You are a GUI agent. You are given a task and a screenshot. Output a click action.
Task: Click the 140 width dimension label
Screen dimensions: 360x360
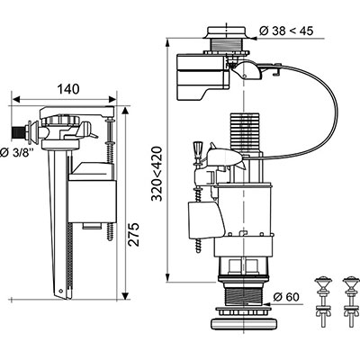tap(68, 89)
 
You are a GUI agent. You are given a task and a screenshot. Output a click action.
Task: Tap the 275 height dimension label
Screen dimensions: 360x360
tap(133, 234)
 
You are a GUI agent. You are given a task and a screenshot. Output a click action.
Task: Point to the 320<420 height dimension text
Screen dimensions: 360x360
tap(157, 174)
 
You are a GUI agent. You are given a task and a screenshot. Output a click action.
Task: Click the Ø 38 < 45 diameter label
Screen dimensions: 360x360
tap(286, 31)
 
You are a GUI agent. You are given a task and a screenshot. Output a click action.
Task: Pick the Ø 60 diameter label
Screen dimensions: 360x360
tap(286, 297)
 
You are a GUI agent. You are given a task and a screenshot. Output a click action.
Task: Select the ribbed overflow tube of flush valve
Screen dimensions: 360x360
tap(244, 131)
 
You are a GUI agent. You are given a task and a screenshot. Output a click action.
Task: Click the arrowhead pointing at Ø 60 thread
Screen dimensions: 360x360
tap(266, 303)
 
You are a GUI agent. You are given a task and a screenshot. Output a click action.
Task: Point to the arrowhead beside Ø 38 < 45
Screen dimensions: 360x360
tap(254, 38)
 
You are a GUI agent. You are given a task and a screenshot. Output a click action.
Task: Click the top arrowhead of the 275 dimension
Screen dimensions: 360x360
tap(126, 110)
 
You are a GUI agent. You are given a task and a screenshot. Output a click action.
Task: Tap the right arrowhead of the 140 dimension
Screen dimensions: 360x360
tap(112, 99)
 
